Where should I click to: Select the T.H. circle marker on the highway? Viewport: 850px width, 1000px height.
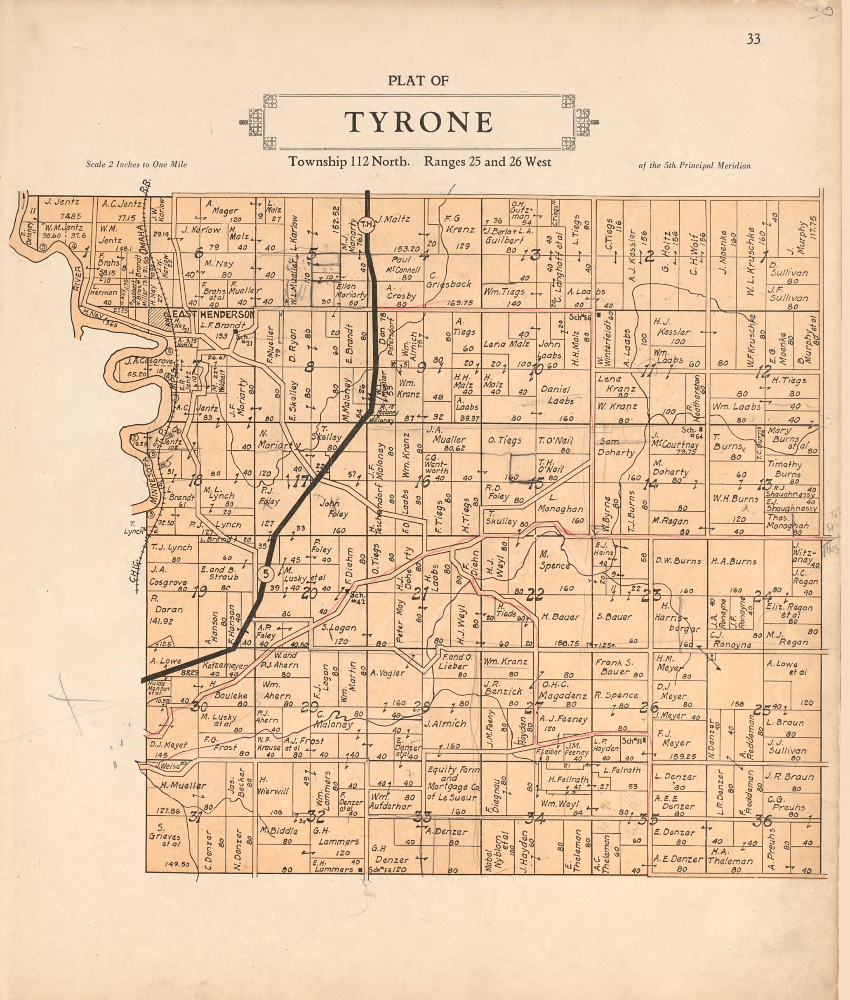(367, 224)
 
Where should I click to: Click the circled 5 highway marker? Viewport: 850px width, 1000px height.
(266, 574)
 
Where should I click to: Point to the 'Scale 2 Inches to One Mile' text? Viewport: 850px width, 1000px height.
(137, 165)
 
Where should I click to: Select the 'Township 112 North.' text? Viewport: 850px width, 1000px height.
(349, 162)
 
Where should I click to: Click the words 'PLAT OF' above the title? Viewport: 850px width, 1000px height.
(418, 81)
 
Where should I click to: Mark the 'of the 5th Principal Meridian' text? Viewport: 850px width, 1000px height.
(695, 166)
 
